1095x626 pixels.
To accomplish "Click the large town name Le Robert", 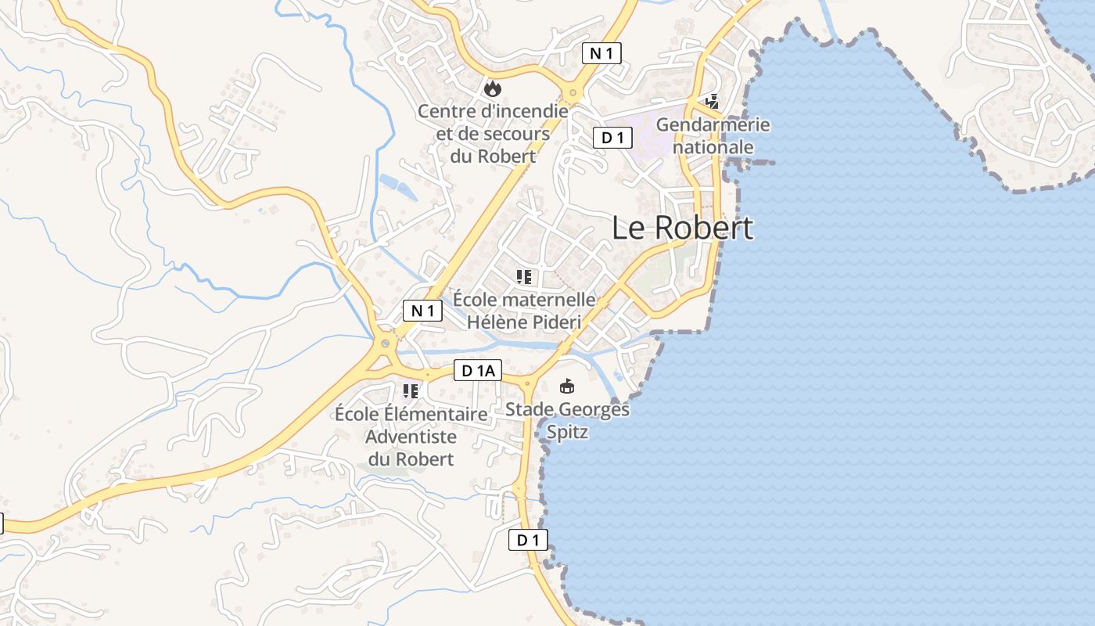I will coord(682,228).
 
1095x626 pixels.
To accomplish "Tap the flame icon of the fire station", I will coord(492,89).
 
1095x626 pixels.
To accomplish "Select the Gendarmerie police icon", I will coord(712,101).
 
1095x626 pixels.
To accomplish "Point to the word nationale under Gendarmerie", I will coord(713,147).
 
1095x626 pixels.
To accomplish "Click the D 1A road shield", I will coord(478,371).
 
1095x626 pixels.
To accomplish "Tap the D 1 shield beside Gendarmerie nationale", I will coord(612,139).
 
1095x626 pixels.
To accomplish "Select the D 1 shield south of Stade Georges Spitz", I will coord(528,540).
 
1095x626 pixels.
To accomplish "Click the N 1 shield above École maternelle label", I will coord(422,311).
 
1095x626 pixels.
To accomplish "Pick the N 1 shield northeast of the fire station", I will coord(601,53).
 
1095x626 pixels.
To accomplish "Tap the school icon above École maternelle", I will coord(524,276).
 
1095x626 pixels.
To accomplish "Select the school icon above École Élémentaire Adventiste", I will coord(410,390).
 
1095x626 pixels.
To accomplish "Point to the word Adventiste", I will coord(411,437).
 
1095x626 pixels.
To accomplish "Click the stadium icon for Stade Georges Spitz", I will coord(567,386).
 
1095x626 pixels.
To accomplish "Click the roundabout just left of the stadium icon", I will coord(527,384).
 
